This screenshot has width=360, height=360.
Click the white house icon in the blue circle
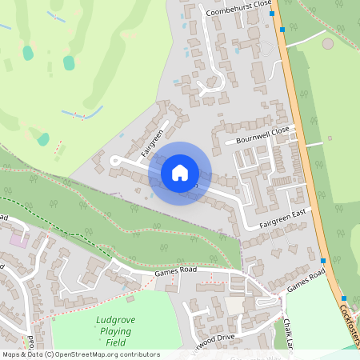coord(180,173)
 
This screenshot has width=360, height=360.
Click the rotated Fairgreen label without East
coord(153,142)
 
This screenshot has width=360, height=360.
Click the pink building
coord(18,239)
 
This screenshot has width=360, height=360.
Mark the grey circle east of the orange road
coord(329,43)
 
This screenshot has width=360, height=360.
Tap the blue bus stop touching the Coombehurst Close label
coord(272,14)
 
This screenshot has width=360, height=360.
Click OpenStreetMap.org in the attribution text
coord(87,354)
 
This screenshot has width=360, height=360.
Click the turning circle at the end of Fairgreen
coord(115,161)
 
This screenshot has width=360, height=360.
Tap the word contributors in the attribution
coord(138,354)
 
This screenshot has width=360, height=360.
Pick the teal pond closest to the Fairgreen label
coord(69,62)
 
